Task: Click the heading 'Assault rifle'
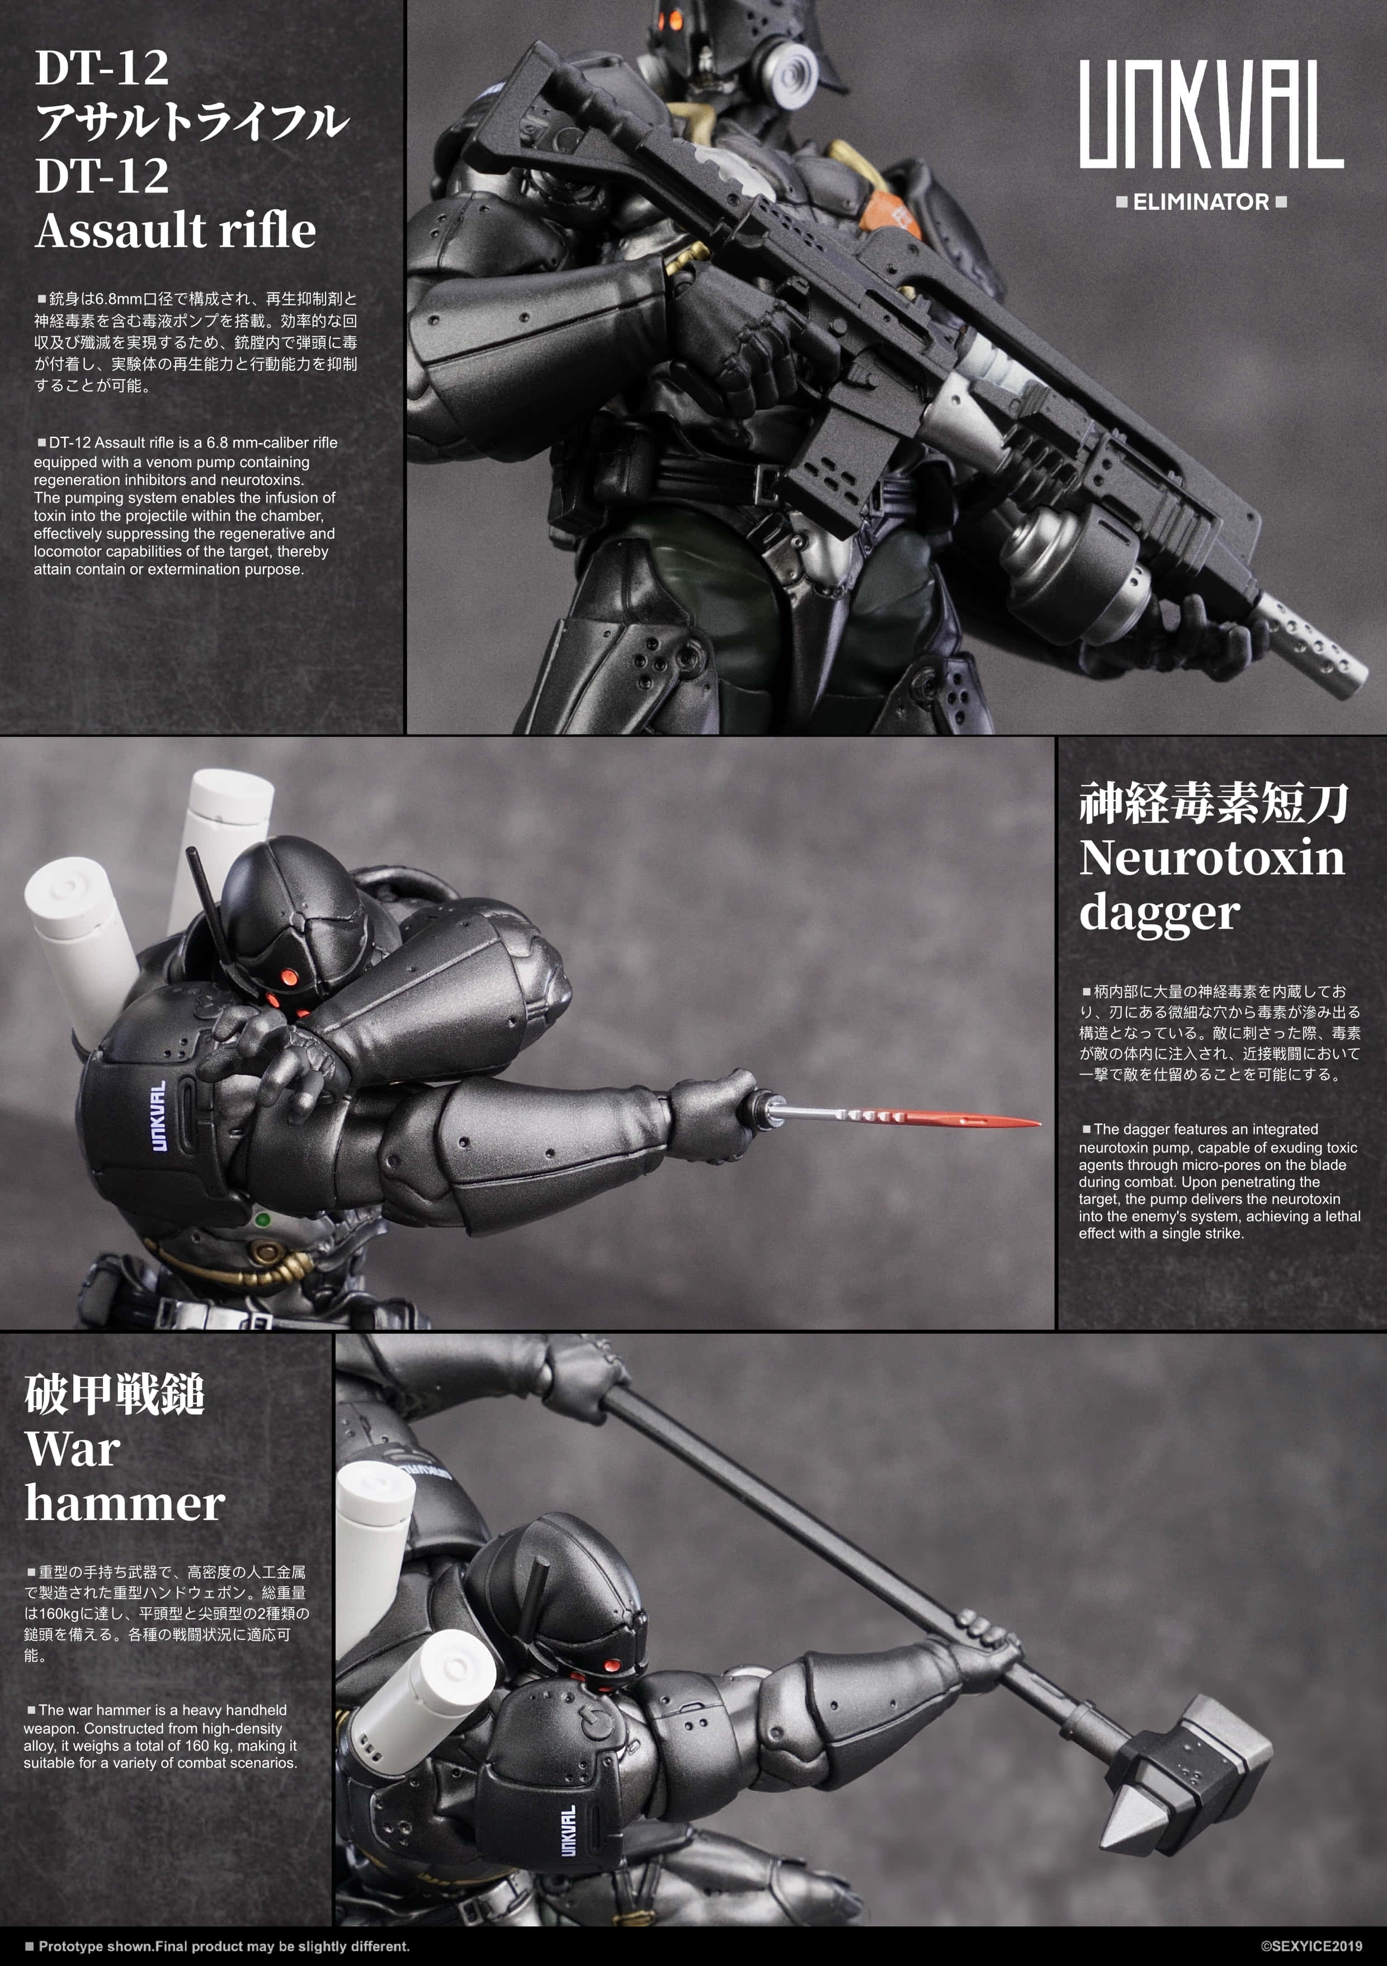click(x=176, y=231)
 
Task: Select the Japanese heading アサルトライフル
click(x=192, y=121)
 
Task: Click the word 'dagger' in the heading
click(x=1158, y=913)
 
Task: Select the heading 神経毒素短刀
click(x=1213, y=804)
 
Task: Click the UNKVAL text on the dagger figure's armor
click(x=158, y=1116)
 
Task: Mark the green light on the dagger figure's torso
click(x=263, y=1219)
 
